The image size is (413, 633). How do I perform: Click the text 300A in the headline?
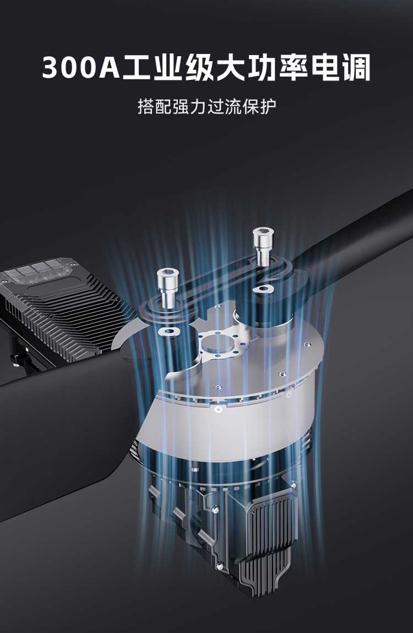pyautogui.click(x=81, y=67)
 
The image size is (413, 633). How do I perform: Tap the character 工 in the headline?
pyautogui.click(x=138, y=67)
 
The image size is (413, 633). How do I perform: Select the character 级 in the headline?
pyautogui.click(x=199, y=67)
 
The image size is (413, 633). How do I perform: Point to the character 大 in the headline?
pyautogui.click(x=231, y=67)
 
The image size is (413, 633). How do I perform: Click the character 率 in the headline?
pyautogui.click(x=293, y=67)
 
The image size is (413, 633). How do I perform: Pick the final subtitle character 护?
pyautogui.click(x=268, y=106)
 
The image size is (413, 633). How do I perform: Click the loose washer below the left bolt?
pyautogui.click(x=170, y=332)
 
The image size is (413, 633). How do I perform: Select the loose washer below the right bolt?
pyautogui.click(x=263, y=289)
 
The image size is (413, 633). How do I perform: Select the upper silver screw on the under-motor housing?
pyautogui.click(x=216, y=510)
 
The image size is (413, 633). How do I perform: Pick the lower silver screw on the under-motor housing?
pyautogui.click(x=220, y=566)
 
